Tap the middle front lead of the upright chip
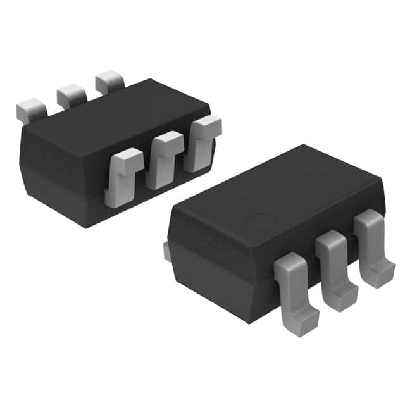335,263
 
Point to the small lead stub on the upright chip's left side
166,251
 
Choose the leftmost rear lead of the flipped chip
31,111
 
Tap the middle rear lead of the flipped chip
72,95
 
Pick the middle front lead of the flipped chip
163,161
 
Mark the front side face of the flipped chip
63,171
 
